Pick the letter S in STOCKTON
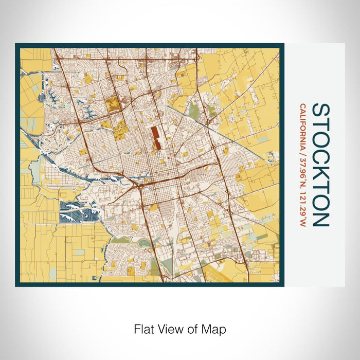321,110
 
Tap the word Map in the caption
215,328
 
